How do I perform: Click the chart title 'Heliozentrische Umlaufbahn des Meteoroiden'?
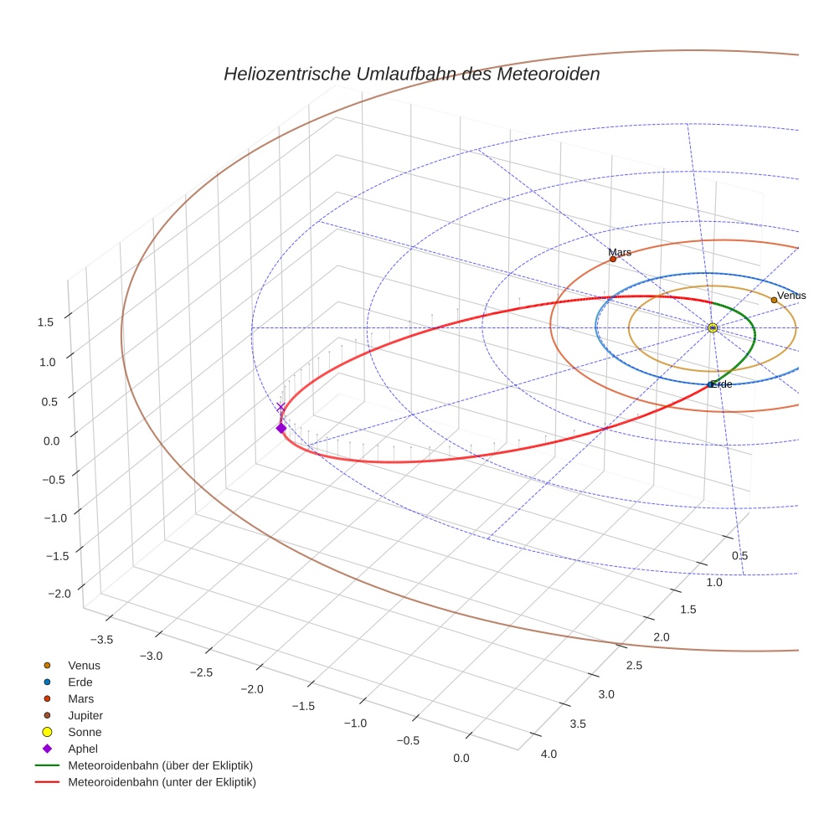[411, 74]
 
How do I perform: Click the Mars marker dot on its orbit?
[613, 259]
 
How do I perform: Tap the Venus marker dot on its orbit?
[774, 300]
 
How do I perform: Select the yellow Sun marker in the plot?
[712, 327]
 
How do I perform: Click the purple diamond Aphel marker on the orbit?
[281, 428]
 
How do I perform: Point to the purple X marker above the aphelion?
[281, 407]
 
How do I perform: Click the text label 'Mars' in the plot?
[620, 251]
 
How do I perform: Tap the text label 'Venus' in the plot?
[791, 296]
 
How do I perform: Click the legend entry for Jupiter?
[85, 715]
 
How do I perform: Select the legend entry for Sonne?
[85, 732]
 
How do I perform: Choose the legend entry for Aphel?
[84, 749]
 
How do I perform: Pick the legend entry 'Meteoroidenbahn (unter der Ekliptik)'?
[162, 782]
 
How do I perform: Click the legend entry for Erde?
[80, 682]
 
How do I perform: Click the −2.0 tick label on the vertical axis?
[59, 593]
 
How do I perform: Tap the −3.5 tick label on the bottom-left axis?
[100, 639]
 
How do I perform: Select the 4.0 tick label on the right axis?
[548, 754]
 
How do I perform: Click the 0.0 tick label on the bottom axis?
[461, 758]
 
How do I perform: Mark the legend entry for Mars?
[80, 698]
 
